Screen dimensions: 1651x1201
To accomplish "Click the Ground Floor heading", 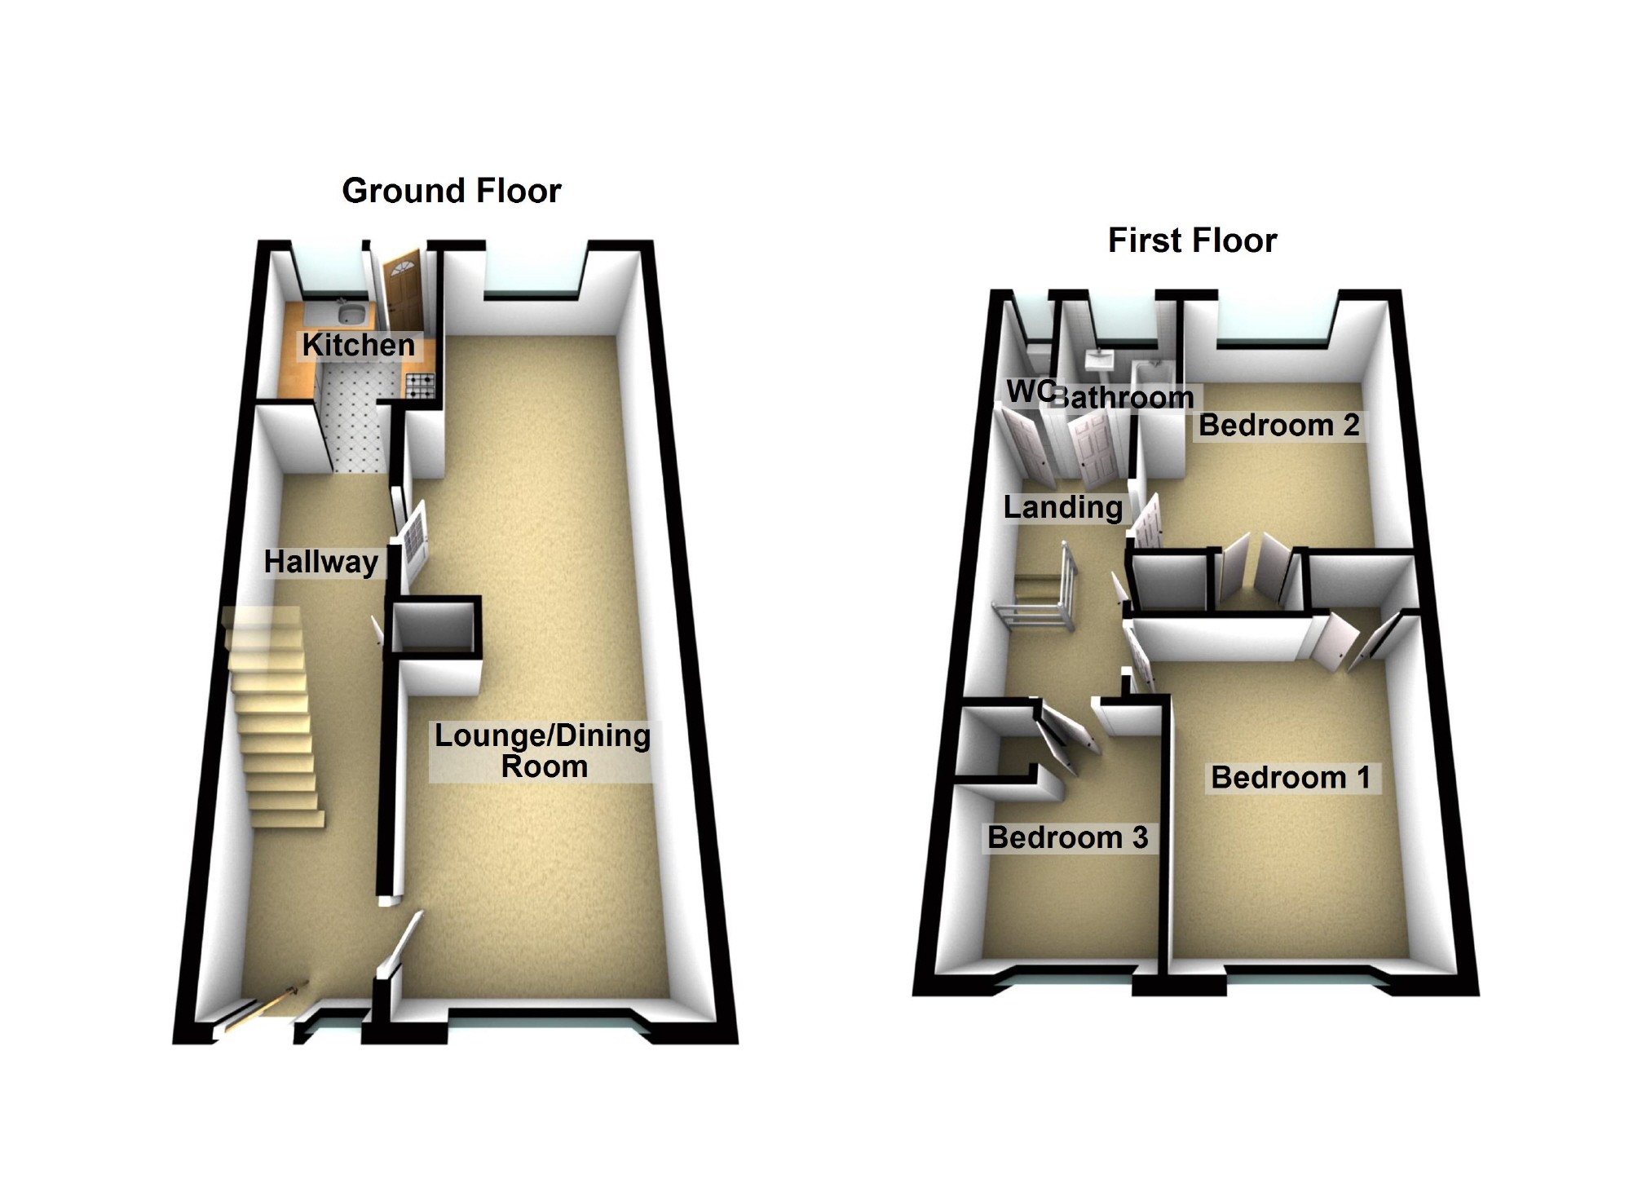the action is pos(452,191).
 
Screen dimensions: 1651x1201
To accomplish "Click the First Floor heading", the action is pos(1192,241).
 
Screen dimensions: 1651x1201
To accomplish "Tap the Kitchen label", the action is pos(359,345).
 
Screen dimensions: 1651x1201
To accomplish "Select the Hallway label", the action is pos(321,562).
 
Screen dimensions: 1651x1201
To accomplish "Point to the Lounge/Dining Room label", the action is pos(543,751).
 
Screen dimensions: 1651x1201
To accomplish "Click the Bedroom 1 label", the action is pos(1291,777).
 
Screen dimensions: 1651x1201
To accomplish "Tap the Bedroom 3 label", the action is pos(1067,837).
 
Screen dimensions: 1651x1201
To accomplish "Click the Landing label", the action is pos(1063,507).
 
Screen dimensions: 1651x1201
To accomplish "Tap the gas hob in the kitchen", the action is pos(421,385).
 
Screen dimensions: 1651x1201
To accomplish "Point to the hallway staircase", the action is pos(273,718).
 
